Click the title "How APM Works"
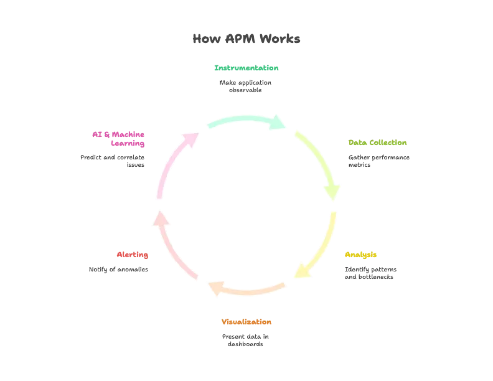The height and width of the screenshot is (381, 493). [x=246, y=39]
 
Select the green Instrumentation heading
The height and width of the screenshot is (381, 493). [x=246, y=68]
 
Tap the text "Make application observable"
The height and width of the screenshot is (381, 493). [x=245, y=86]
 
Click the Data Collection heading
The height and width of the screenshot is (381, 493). [x=377, y=143]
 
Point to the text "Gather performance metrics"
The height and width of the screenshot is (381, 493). [x=379, y=161]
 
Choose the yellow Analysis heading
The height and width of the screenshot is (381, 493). [x=360, y=255]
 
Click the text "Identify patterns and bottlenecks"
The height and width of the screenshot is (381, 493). [x=370, y=273]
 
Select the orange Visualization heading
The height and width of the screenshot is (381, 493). [x=246, y=322]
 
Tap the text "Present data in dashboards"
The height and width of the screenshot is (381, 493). [x=245, y=340]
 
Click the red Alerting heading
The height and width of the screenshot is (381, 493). [x=133, y=255]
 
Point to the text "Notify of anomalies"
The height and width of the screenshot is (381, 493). [x=118, y=270]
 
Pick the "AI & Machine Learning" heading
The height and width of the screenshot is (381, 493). [x=118, y=139]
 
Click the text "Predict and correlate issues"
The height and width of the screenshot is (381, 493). [x=112, y=161]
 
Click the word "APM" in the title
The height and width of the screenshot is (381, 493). [x=240, y=39]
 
